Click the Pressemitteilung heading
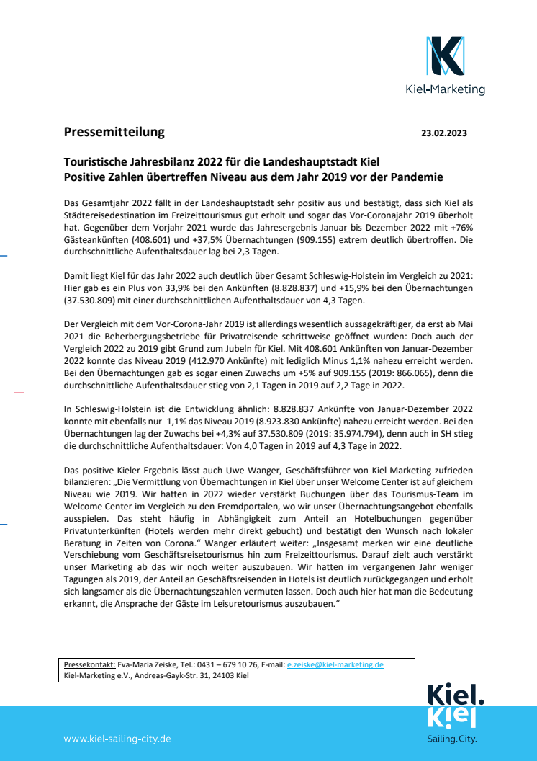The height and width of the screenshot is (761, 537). pyautogui.click(x=114, y=132)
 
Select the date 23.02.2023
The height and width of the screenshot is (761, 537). pyautogui.click(x=444, y=133)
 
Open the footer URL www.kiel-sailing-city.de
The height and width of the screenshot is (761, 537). pyautogui.click(x=117, y=739)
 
